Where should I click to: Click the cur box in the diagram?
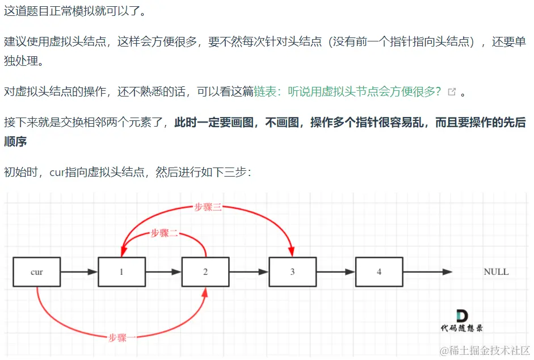[36, 272]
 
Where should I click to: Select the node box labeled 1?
[121, 272]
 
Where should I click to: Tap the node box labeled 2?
[205, 272]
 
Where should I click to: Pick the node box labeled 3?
[292, 272]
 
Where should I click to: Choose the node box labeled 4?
[379, 272]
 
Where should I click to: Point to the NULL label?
[496, 272]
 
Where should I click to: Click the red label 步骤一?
[122, 337]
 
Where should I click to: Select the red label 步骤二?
[164, 233]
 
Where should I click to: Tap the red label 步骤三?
[208, 207]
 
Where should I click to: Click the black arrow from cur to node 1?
[79, 272]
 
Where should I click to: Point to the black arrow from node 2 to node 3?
[249, 272]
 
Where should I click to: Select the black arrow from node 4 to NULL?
[427, 272]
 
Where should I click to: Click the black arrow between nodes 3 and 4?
[336, 272]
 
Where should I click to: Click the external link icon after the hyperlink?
[452, 92]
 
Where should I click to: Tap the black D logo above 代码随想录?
[461, 316]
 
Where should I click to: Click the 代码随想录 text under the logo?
[461, 328]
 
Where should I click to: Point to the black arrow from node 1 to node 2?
[163, 272]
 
